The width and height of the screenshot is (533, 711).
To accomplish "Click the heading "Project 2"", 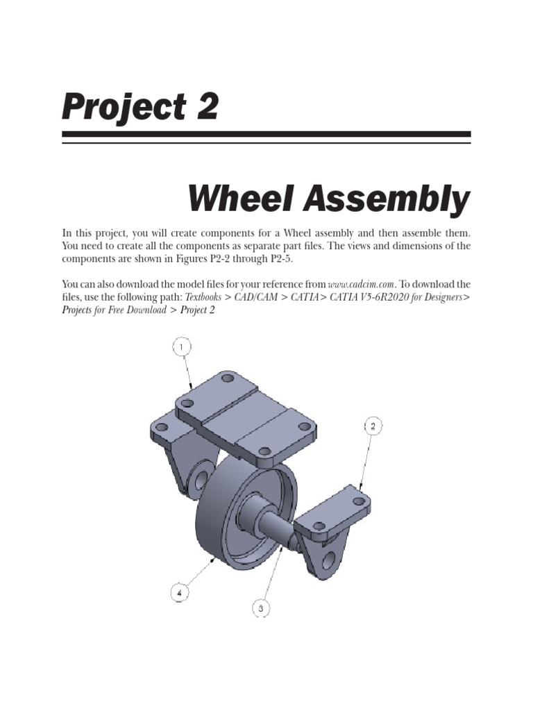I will click(140, 106).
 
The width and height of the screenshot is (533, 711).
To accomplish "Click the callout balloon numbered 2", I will click(373, 426).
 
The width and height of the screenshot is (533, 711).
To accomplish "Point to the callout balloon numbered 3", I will click(260, 608).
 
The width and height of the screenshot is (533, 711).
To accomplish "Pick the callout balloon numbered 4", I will click(179, 592).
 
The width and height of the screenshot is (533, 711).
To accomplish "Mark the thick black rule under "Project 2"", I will click(266, 134).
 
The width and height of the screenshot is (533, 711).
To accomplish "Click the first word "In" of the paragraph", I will click(67, 233).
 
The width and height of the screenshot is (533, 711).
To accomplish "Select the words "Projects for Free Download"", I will click(114, 310).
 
